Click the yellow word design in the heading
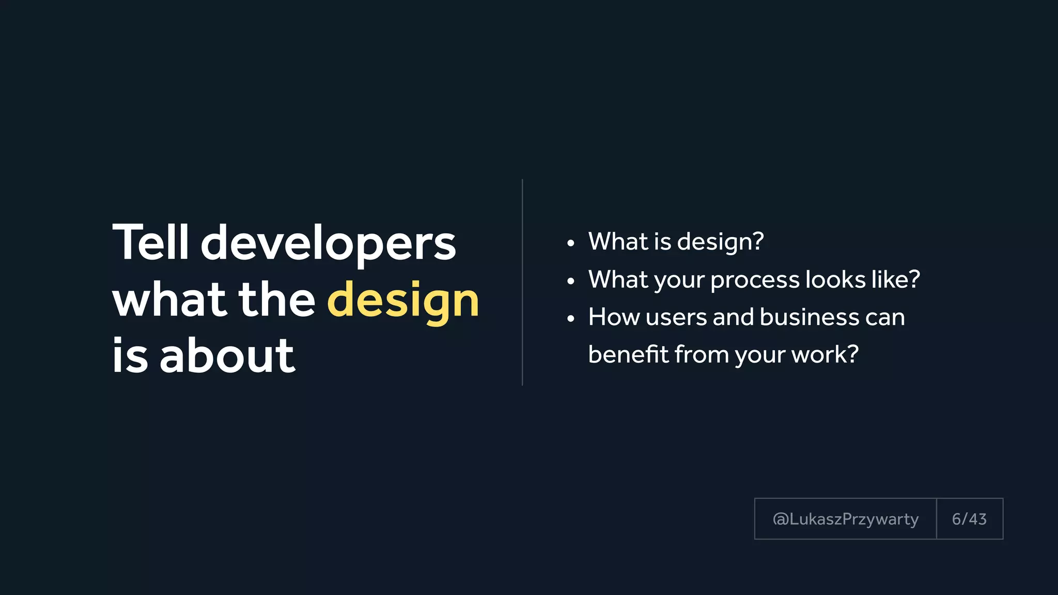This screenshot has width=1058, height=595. [403, 301]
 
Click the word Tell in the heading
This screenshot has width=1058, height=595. [150, 243]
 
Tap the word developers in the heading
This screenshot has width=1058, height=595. [328, 244]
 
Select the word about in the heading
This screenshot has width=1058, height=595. [227, 356]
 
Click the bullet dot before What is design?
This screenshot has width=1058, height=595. [570, 243]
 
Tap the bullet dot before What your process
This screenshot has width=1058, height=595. [570, 281]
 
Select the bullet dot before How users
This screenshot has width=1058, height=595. [570, 319]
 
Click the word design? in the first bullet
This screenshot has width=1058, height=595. [720, 242]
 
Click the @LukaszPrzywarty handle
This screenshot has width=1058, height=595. [845, 519]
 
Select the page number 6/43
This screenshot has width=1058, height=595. [969, 519]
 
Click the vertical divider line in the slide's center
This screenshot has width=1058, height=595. [522, 282]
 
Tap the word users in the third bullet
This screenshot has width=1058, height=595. [676, 317]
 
